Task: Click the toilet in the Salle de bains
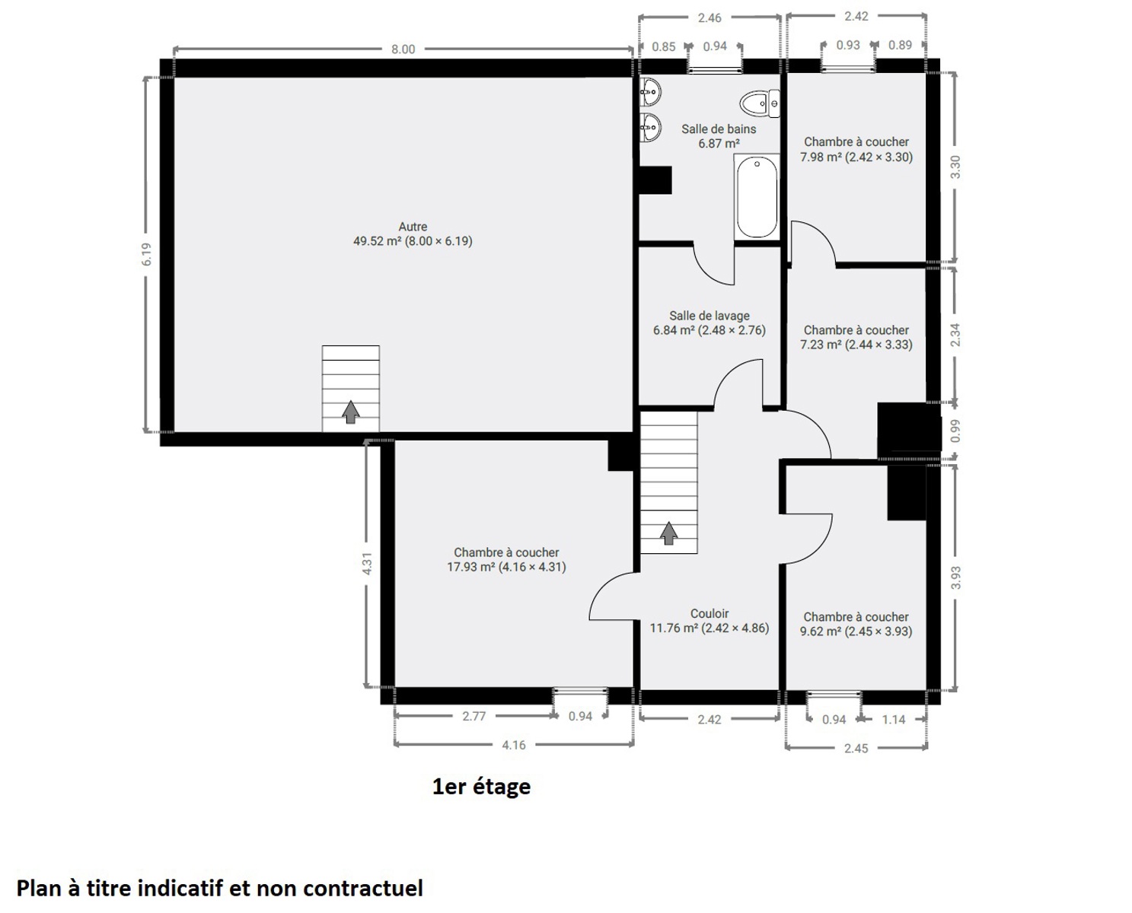coord(760,103)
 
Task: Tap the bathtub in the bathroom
coord(757,197)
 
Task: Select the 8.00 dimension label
coord(403,49)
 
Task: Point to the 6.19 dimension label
coord(147,254)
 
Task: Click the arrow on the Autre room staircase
coord(350,412)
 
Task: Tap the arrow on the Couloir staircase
coord(668,533)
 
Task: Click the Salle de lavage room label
coord(709,316)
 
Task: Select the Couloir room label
coord(709,613)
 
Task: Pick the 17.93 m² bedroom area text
coord(506,567)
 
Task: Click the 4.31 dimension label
coord(367,563)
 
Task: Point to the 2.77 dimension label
coord(474,716)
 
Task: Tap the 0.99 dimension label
coord(956,431)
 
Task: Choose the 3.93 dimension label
coord(956,577)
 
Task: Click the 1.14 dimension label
coord(893,720)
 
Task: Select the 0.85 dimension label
coord(663,47)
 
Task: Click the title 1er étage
coord(481,787)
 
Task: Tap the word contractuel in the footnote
coord(363,889)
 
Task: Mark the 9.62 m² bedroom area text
coord(856,631)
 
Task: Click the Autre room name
coord(413,227)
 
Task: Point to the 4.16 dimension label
coord(513,745)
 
